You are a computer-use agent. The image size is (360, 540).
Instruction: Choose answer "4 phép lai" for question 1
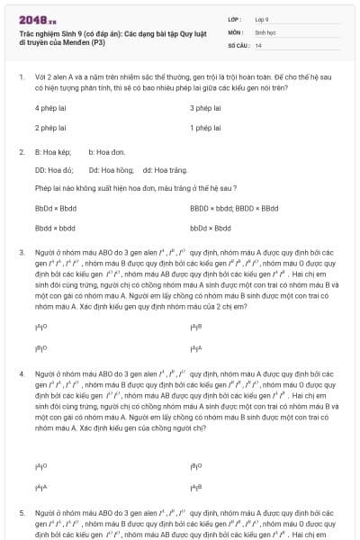(x=51, y=108)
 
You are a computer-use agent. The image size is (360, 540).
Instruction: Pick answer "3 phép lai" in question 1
(x=205, y=108)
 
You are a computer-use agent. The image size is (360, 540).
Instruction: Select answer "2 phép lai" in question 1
(x=51, y=128)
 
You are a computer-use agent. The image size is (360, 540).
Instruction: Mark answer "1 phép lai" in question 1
(x=205, y=128)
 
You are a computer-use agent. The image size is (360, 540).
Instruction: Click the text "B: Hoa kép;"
(x=52, y=153)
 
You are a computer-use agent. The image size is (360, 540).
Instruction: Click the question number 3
(x=22, y=253)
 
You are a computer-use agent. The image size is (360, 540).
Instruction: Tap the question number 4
(x=22, y=373)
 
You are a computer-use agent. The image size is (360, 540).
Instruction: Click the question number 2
(x=22, y=153)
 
